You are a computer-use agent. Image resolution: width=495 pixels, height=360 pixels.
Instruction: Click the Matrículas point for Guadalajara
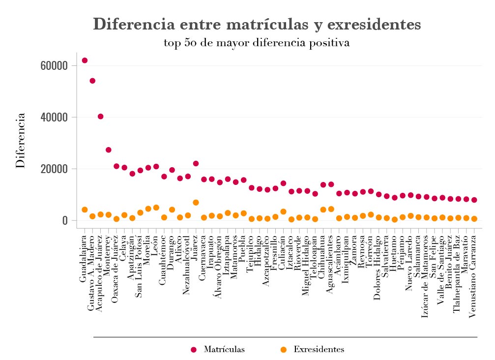coord(85,60)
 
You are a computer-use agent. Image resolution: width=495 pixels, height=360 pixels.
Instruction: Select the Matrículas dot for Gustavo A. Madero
coord(92,81)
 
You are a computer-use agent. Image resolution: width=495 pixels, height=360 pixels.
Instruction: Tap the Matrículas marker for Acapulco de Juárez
coord(100,117)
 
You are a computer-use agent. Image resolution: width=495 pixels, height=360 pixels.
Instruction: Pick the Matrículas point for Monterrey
coord(109,150)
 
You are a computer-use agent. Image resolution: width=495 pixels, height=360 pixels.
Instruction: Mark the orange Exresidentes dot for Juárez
coord(196,203)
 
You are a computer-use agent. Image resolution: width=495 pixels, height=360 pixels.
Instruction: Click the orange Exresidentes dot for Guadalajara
coord(85,210)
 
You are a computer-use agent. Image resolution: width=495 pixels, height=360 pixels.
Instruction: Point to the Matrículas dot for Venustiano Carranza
coord(474,200)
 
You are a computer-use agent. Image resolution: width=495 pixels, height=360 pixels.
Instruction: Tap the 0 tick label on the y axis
coord(64,221)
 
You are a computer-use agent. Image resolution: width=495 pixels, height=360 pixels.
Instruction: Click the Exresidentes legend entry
coord(312,350)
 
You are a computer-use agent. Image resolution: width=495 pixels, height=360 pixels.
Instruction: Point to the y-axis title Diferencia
coord(21,141)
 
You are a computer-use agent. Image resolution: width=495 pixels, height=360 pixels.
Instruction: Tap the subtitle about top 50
coord(257,43)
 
